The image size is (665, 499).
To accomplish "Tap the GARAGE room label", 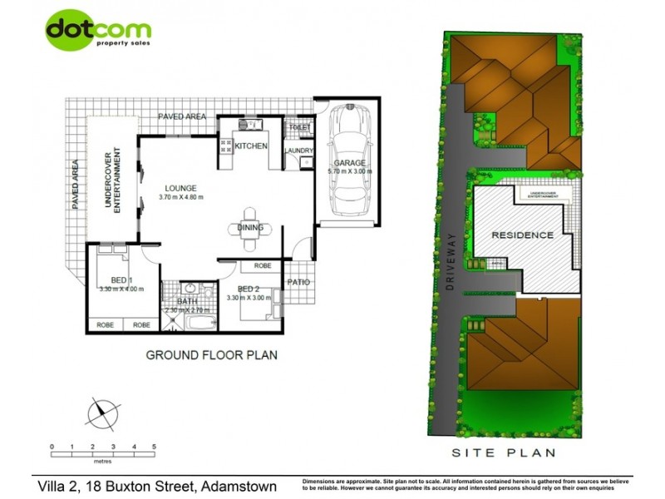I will pos(350,163).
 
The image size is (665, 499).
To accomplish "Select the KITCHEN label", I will pos(251,146).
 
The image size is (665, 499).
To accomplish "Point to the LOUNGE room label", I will pos(180,187).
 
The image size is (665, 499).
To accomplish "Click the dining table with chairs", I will pos(250,229).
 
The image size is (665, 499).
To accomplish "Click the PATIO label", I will pos(298,282).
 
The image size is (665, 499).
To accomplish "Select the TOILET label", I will pos(299,128).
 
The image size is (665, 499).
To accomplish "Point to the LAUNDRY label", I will pos(298,151).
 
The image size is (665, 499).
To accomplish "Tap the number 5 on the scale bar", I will pos(155,447).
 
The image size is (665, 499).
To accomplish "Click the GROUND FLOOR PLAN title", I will pos(212,355).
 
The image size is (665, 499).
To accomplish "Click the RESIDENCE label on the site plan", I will pos(522,235).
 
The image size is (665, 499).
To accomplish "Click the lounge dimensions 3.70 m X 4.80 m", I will pos(181,197).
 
